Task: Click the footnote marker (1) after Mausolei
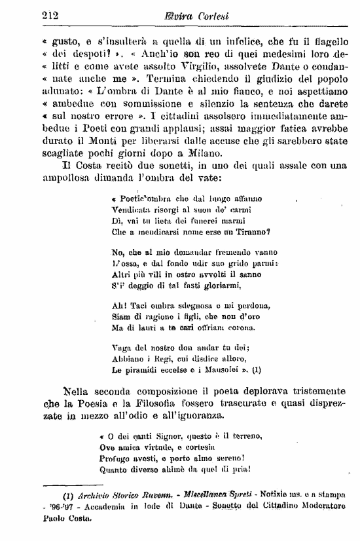click(255, 369)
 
